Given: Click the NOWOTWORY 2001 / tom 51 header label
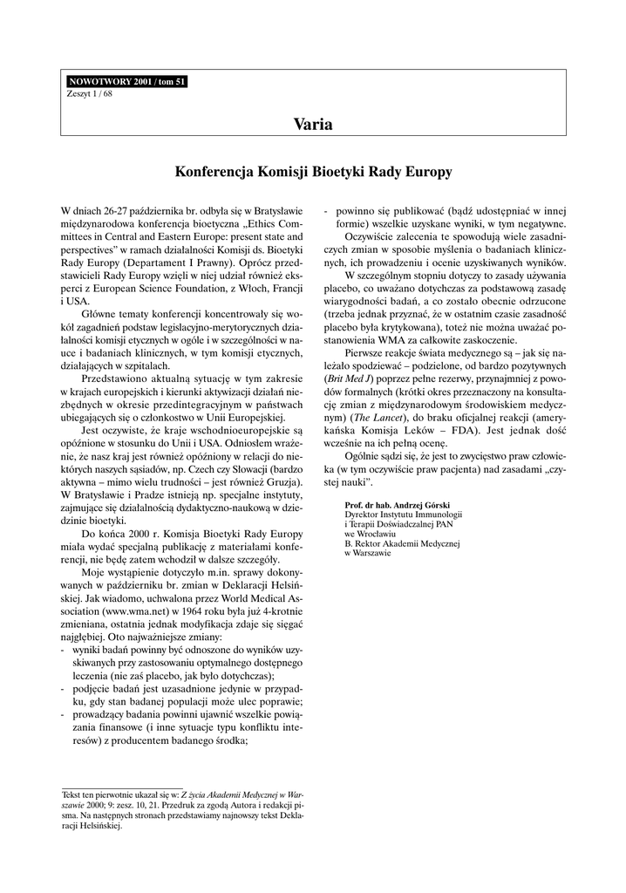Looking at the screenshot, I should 126,82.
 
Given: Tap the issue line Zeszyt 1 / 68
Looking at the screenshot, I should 90,92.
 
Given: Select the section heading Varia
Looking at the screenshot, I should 313,124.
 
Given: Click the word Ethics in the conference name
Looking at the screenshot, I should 255,224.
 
